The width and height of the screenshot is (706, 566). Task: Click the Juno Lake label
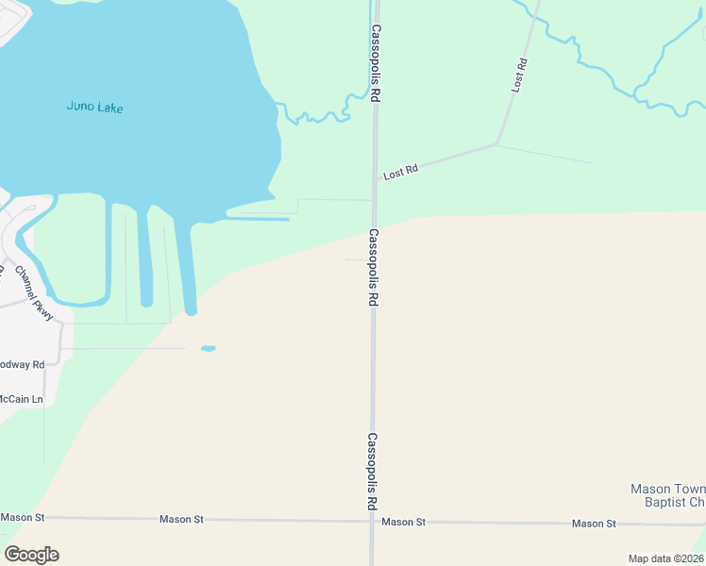tap(94, 107)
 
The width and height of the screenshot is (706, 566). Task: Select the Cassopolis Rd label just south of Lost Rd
tap(374, 267)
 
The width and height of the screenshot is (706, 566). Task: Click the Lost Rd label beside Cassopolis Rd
tap(400, 172)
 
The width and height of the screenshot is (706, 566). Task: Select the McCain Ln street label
tap(21, 399)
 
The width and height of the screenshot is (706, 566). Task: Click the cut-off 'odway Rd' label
tap(21, 364)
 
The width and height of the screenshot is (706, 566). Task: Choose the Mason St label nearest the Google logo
tap(23, 517)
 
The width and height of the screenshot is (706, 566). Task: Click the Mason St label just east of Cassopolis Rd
tap(404, 522)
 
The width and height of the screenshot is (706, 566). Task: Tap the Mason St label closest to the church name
tap(593, 524)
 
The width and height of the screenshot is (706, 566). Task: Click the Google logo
tap(32, 555)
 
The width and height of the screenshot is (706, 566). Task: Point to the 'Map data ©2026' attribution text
tap(665, 558)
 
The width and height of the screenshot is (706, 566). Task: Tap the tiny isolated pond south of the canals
tap(208, 348)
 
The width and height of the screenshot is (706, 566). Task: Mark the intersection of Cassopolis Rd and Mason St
tap(372, 521)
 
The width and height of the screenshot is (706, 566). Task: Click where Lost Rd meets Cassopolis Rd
tap(375, 179)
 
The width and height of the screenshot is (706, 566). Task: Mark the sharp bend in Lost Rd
tap(497, 144)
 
